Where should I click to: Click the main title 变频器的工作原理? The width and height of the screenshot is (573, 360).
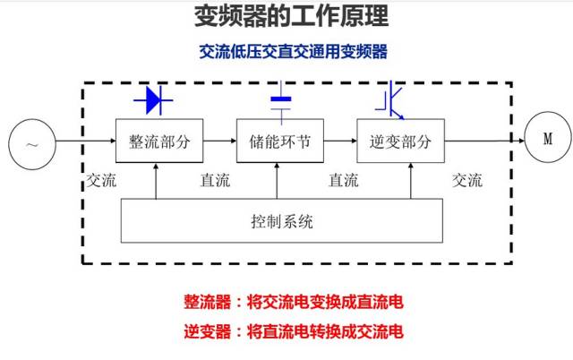pyautogui.click(x=291, y=16)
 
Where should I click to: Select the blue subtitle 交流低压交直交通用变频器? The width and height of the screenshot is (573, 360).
pyautogui.click(x=293, y=52)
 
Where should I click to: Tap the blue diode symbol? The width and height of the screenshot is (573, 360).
pyautogui.click(x=153, y=100)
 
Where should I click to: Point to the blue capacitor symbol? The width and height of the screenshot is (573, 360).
pyautogui.click(x=281, y=102)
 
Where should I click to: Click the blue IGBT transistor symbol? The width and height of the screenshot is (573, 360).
pyautogui.click(x=390, y=100)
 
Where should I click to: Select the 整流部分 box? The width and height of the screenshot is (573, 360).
pyautogui.click(x=159, y=141)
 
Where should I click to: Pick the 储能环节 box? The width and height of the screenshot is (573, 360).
pyautogui.click(x=280, y=141)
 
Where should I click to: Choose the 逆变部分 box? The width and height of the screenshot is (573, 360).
pyautogui.click(x=400, y=141)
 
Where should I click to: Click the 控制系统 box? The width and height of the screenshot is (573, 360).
pyautogui.click(x=282, y=221)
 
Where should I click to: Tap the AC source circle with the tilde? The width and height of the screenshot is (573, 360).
pyautogui.click(x=32, y=144)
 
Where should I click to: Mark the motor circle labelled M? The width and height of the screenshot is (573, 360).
pyautogui.click(x=547, y=137)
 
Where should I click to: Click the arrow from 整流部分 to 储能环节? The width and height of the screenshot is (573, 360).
pyautogui.click(x=220, y=141)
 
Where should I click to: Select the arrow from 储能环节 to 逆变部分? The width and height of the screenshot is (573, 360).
pyautogui.click(x=340, y=141)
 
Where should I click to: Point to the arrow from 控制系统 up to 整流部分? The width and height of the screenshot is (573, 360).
pyautogui.click(x=156, y=181)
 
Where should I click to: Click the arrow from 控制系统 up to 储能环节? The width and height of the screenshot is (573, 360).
pyautogui.click(x=277, y=181)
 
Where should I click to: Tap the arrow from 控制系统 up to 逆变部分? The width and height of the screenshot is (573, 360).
pyautogui.click(x=411, y=181)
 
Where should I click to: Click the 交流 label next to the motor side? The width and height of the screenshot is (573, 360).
pyautogui.click(x=467, y=180)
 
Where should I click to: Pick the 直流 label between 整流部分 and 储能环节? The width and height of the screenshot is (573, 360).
pyautogui.click(x=215, y=180)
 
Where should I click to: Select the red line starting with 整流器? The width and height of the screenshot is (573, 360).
pyautogui.click(x=294, y=302)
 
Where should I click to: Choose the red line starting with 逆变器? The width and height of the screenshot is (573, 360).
pyautogui.click(x=294, y=331)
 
